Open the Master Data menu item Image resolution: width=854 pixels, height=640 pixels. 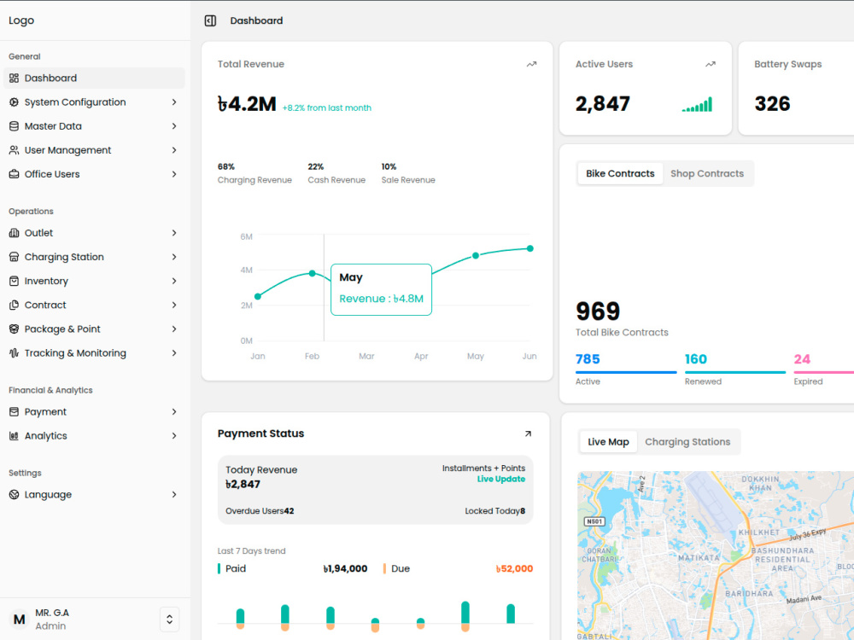coord(53,126)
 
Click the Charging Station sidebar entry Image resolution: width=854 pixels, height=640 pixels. coord(64,257)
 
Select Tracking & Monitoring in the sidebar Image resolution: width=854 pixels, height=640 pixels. coord(75,353)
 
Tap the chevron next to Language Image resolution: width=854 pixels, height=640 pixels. coord(174,495)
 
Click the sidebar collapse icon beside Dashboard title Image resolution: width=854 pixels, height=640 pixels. coord(210,20)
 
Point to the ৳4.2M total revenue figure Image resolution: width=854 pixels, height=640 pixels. coord(247,103)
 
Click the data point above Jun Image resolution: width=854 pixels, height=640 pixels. coord(530,248)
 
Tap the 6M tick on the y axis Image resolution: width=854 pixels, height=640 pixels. coord(246,236)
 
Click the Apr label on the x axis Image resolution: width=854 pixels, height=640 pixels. coord(421,356)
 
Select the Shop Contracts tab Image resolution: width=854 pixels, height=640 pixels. coord(707,173)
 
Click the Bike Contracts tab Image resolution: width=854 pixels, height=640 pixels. coord(620,173)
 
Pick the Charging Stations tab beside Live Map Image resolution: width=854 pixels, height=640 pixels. coord(687,442)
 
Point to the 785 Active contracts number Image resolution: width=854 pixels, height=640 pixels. coord(588,359)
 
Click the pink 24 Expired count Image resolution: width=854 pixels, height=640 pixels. coord(802,359)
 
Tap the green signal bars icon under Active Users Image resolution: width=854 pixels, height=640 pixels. coord(697,104)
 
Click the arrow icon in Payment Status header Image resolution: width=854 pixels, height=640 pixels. coord(528,433)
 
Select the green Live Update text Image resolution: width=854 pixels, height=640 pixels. coord(501,479)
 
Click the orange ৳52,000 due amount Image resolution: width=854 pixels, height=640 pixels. coord(514,568)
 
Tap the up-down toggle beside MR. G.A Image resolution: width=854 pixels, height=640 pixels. coord(169,620)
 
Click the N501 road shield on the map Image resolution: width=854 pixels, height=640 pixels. coord(594,521)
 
